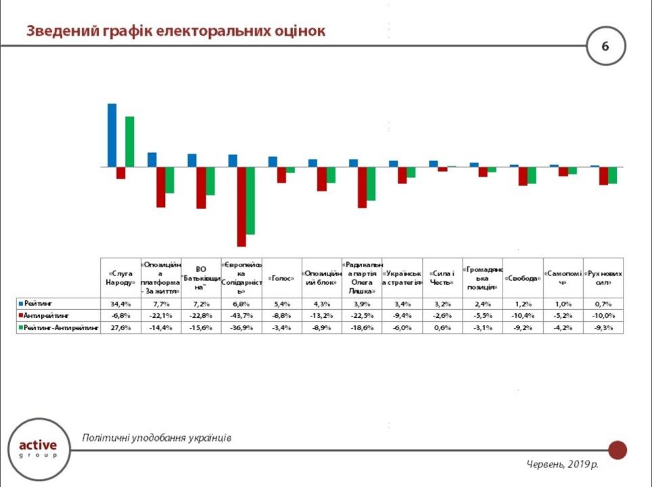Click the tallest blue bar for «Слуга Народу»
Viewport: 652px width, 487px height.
pos(112,135)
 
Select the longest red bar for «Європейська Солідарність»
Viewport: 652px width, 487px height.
pos(241,206)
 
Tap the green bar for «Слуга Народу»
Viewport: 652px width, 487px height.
pos(130,141)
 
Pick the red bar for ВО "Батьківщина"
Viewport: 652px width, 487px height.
pos(201,187)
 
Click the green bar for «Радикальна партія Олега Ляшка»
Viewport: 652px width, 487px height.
pos(371,183)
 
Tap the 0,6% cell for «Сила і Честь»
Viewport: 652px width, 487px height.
pos(442,327)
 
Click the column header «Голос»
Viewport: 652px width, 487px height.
pos(281,278)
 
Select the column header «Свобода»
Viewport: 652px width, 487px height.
pos(522,278)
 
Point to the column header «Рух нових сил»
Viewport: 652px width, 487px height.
pos(603,278)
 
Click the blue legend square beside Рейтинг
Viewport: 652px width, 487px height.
pos(22,304)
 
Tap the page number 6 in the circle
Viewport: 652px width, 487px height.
pos(605,46)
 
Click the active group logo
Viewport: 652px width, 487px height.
pos(39,448)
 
